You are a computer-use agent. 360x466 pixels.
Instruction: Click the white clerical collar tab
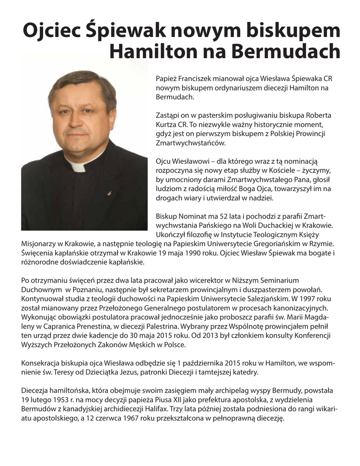pyautogui.click(x=77, y=166)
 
